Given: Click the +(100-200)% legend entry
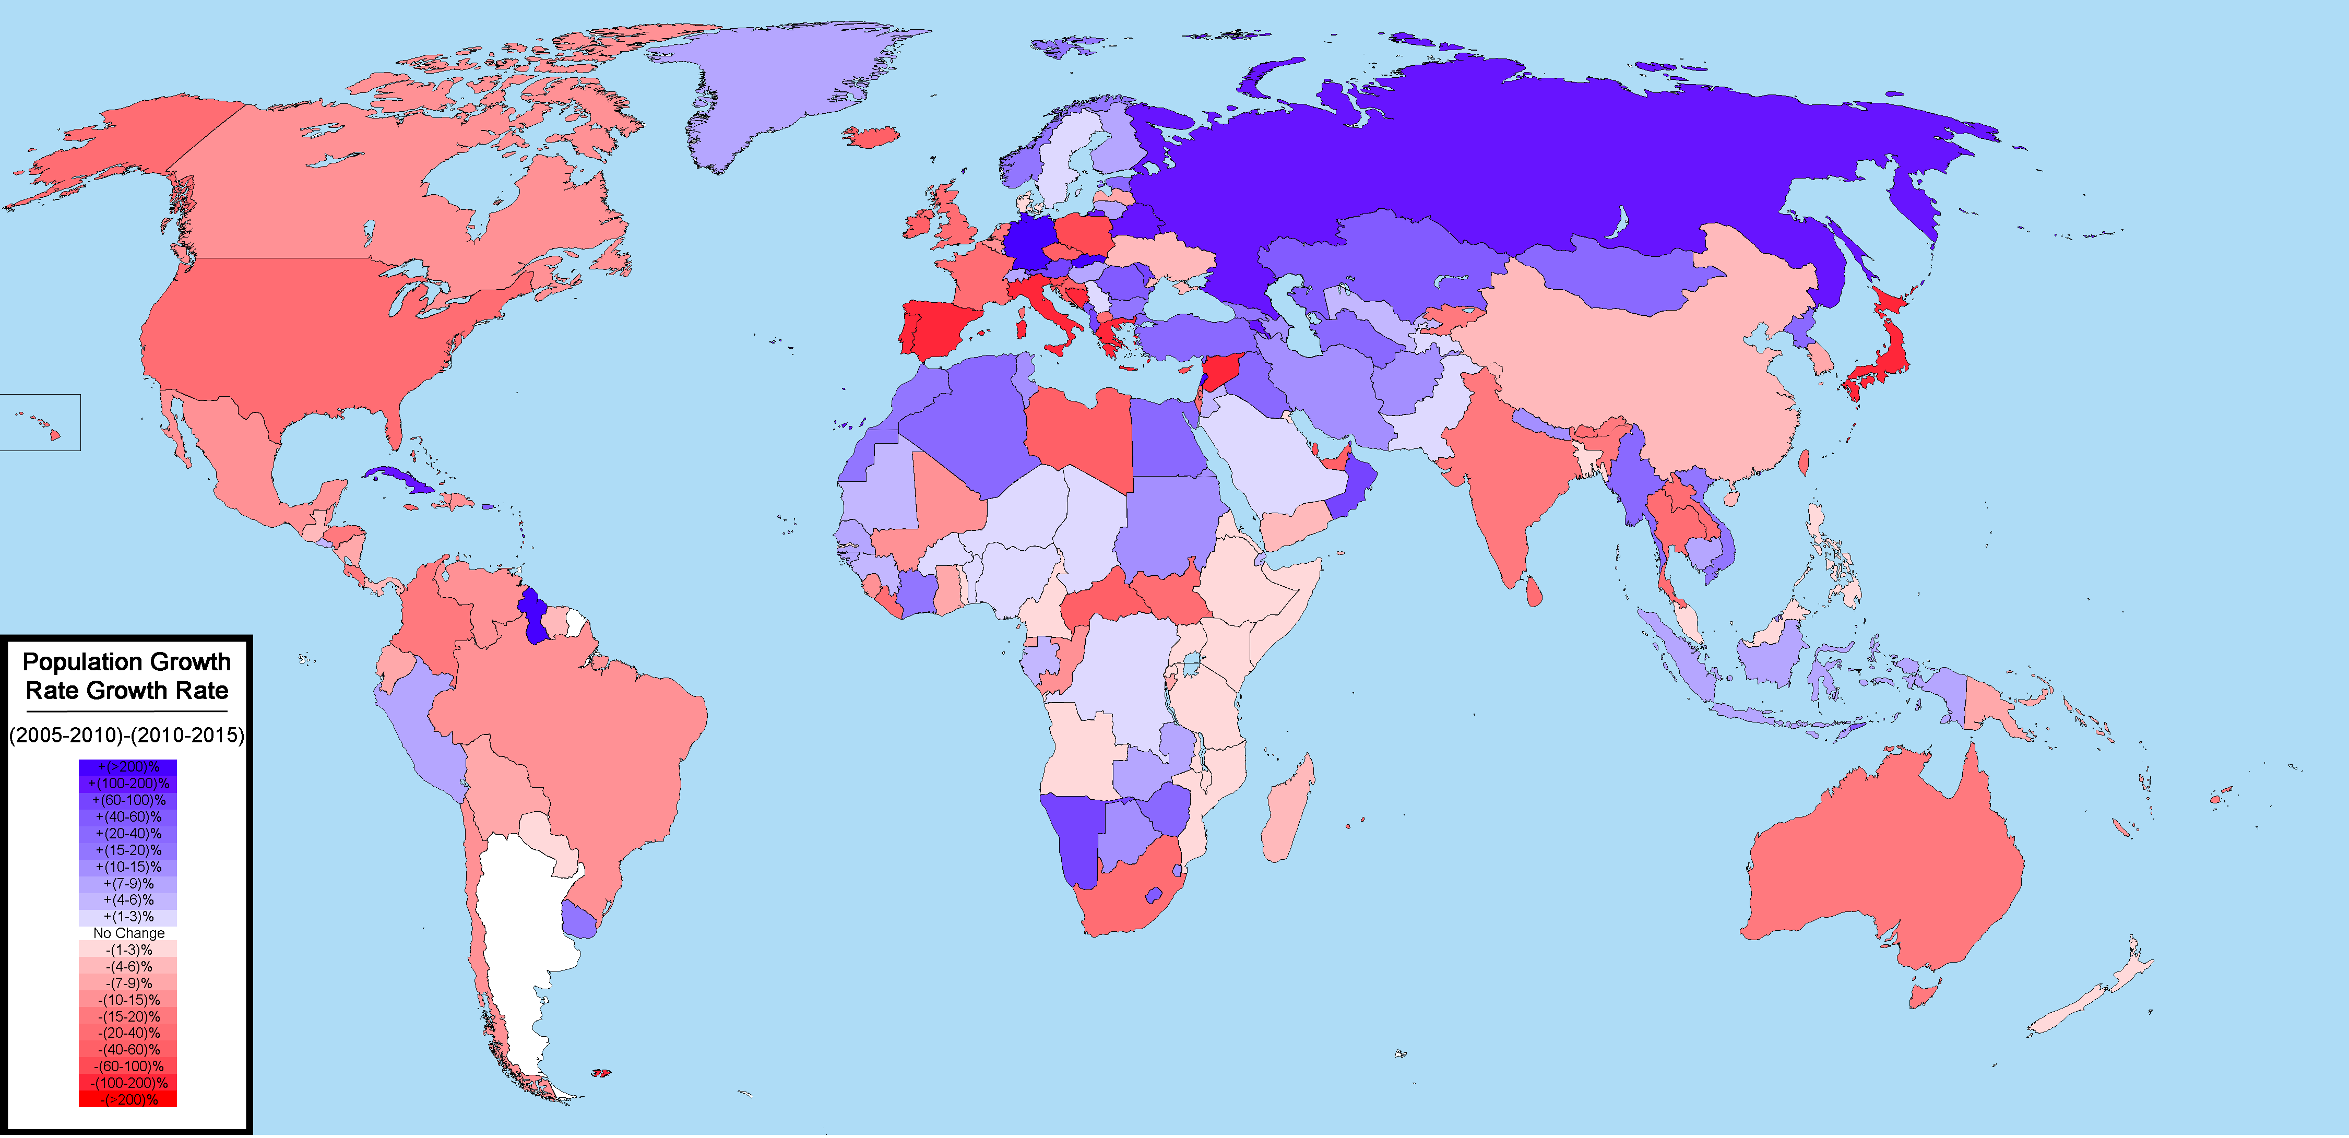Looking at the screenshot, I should coord(128,783).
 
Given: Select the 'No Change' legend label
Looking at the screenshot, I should coord(128,933).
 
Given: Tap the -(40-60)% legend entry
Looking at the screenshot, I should coord(128,1050).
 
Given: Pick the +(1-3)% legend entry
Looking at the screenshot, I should coord(128,917).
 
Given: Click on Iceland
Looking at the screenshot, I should coord(872,137).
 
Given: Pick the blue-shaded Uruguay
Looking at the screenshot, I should coord(579,919).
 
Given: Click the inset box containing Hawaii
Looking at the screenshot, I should coord(40,422).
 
